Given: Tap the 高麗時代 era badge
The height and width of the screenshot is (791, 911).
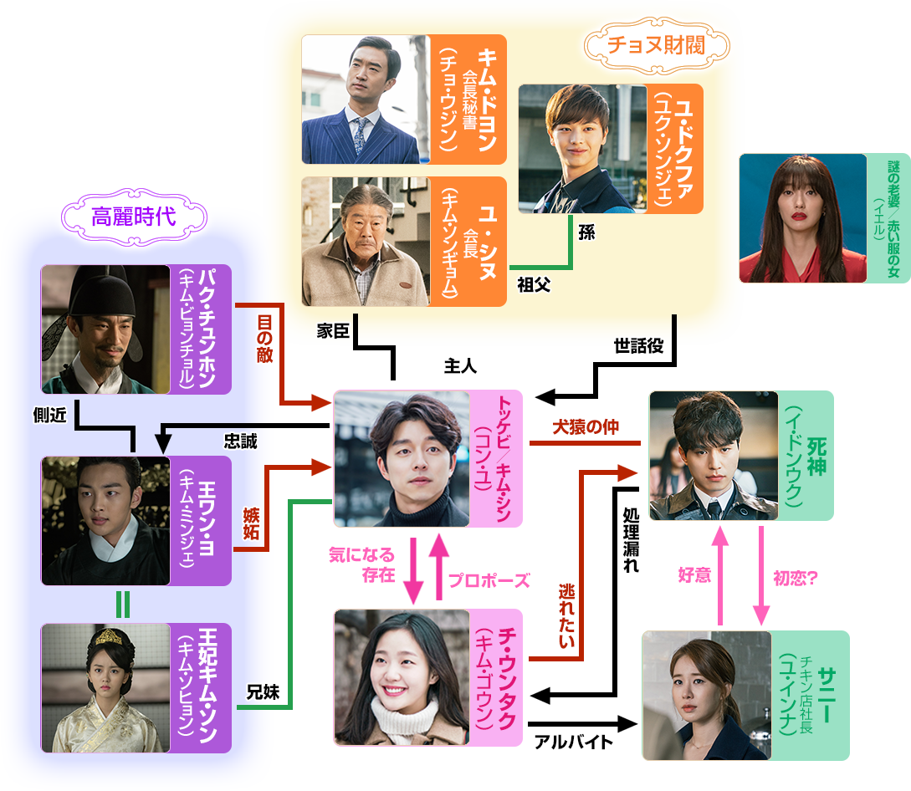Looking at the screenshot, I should click(x=134, y=217).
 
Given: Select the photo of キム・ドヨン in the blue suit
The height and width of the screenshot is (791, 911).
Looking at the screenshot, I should click(x=366, y=100).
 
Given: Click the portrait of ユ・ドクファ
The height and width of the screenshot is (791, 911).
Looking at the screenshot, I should click(x=582, y=149).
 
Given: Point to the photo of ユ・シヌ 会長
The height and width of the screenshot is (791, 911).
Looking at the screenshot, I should click(x=366, y=242).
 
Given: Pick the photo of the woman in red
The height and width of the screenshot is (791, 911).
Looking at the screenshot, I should click(x=802, y=218).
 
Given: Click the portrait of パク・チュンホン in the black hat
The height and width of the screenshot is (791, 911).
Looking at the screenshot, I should click(x=105, y=329).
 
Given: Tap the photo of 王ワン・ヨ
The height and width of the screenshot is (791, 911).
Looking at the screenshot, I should click(x=105, y=521).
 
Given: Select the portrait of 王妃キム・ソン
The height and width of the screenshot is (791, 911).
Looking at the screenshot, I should click(x=105, y=687).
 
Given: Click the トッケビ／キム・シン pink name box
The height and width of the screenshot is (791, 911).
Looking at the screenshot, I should click(x=499, y=458).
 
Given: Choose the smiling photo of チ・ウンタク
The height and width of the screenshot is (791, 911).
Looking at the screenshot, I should click(x=402, y=677).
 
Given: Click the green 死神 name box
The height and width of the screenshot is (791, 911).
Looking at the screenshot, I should click(x=806, y=456).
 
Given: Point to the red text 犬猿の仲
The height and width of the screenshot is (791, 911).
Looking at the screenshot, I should click(x=585, y=427).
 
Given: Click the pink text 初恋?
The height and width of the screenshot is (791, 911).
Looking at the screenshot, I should click(x=795, y=578).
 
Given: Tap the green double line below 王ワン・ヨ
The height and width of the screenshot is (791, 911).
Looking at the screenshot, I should click(x=123, y=604).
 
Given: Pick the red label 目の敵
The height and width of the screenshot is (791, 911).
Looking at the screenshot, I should click(x=264, y=337).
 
